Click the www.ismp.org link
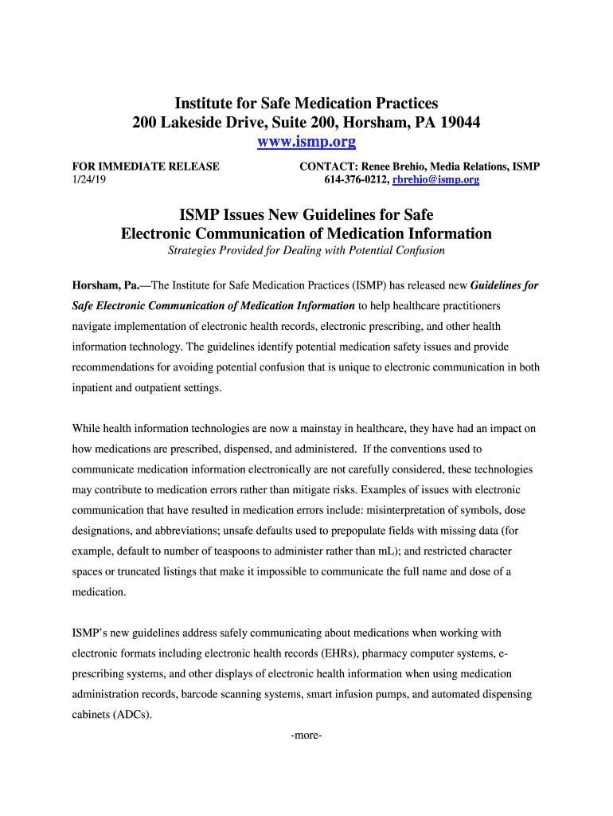point(306,143)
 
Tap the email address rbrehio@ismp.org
point(436,180)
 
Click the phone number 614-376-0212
point(355,180)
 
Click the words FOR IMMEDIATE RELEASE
point(146,167)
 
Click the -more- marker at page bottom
point(306,736)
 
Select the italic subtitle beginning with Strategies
point(306,250)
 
